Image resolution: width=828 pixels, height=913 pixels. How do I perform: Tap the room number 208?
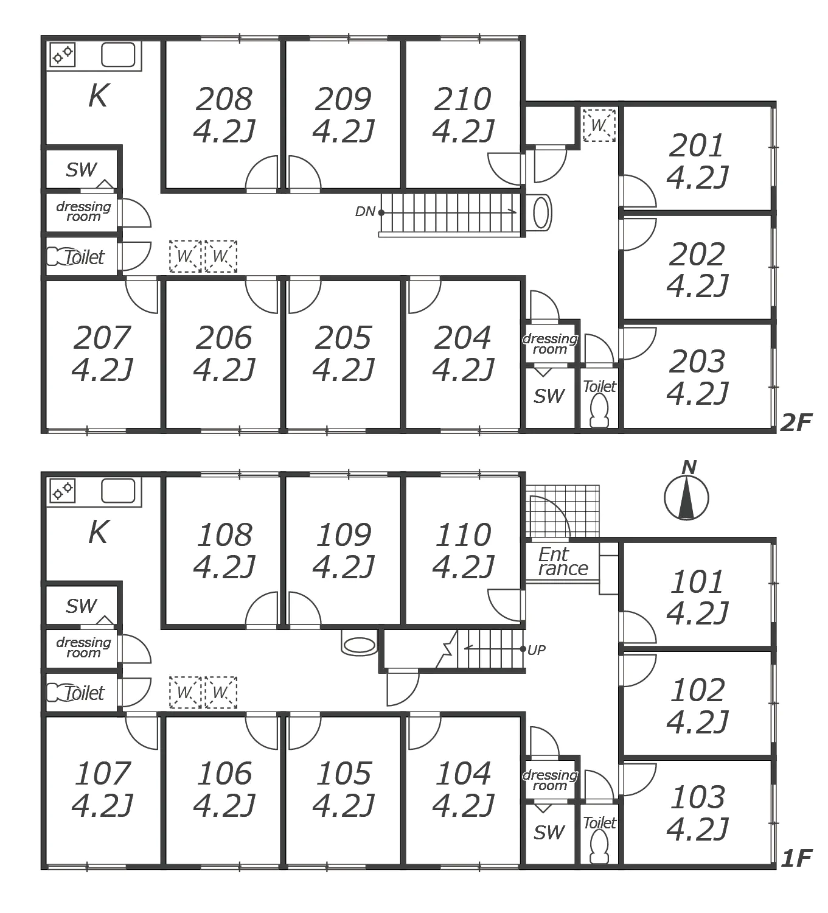point(224,99)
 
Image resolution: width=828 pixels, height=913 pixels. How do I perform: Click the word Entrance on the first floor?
point(562,562)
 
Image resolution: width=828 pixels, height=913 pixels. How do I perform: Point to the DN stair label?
point(364,212)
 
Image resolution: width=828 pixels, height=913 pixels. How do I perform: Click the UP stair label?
point(536,650)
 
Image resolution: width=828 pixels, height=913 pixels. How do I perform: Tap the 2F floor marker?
point(796,422)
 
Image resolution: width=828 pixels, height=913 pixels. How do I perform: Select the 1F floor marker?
point(796,858)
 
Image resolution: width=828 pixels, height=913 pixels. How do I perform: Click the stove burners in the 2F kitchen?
point(62,55)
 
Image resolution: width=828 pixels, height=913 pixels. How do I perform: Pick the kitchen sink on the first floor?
point(118,491)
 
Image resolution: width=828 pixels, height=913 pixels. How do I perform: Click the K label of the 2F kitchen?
point(98,96)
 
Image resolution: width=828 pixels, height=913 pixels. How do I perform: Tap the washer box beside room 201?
point(599,125)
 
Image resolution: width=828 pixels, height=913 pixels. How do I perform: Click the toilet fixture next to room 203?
point(600,410)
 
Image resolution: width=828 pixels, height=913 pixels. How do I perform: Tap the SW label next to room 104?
point(549,832)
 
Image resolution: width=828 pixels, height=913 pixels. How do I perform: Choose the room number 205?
point(343,338)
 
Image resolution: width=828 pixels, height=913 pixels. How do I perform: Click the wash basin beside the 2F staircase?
point(541,212)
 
